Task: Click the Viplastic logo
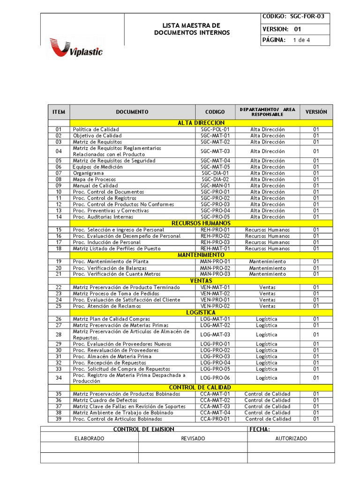[76, 48]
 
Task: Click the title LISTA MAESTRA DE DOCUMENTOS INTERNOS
[192, 29]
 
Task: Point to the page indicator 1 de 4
[301, 40]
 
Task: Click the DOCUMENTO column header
[132, 112]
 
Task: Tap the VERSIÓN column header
[316, 112]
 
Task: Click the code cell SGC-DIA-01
[215, 173]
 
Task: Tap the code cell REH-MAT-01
[215, 248]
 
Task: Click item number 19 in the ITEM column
[59, 262]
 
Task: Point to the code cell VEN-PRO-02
[215, 306]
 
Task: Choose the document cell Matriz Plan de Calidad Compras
[112, 319]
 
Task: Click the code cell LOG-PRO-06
[215, 378]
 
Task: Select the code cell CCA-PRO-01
[215, 419]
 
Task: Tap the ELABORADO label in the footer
[90, 438]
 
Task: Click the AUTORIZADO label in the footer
[291, 438]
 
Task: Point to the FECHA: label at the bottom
[260, 429]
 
